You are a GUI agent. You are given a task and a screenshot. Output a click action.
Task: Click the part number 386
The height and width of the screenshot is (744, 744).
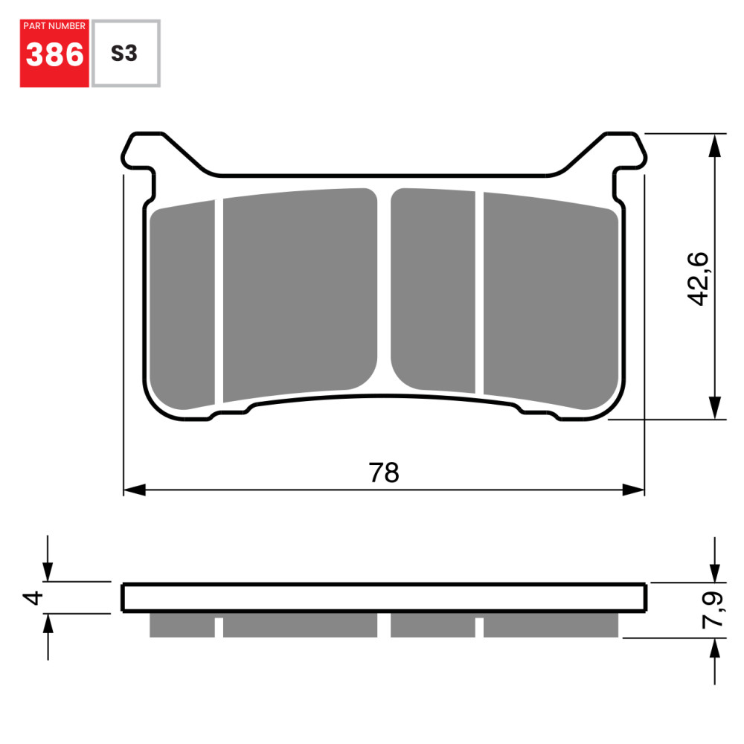pos(54,55)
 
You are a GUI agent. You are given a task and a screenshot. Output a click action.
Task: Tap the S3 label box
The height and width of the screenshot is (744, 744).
pos(124,54)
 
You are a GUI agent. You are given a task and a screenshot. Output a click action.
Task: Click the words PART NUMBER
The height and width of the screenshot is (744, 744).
pos(54,26)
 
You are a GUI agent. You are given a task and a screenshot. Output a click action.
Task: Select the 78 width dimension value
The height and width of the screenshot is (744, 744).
pos(384,473)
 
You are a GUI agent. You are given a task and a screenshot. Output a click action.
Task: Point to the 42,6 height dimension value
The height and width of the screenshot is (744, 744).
pos(698,278)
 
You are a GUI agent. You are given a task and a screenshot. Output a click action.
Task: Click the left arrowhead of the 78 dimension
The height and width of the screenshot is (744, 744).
pos(134,490)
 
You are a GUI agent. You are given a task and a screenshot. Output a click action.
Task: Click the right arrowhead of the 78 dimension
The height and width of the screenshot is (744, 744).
pos(633,490)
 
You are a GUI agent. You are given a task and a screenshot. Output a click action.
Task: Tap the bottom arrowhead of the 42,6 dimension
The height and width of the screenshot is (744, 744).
pos(714,408)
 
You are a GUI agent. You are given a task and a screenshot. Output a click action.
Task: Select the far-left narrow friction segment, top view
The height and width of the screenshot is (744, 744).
pos(182,305)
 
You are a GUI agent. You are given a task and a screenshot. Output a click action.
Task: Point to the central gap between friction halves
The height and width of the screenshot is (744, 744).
pos(384,290)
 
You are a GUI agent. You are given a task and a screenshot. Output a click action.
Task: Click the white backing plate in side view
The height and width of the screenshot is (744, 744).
pos(384,597)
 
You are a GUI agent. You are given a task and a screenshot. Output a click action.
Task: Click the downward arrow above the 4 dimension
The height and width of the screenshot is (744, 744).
pos(48,569)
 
